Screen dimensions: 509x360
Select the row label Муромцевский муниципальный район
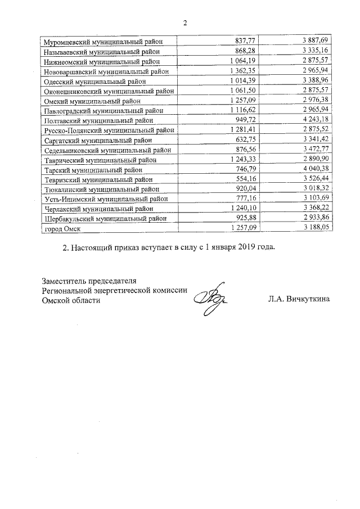pos(103,41)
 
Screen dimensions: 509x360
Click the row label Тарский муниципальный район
pos(93,170)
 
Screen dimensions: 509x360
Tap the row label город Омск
pos(61,229)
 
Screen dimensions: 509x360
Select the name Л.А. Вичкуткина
pos(299,300)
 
